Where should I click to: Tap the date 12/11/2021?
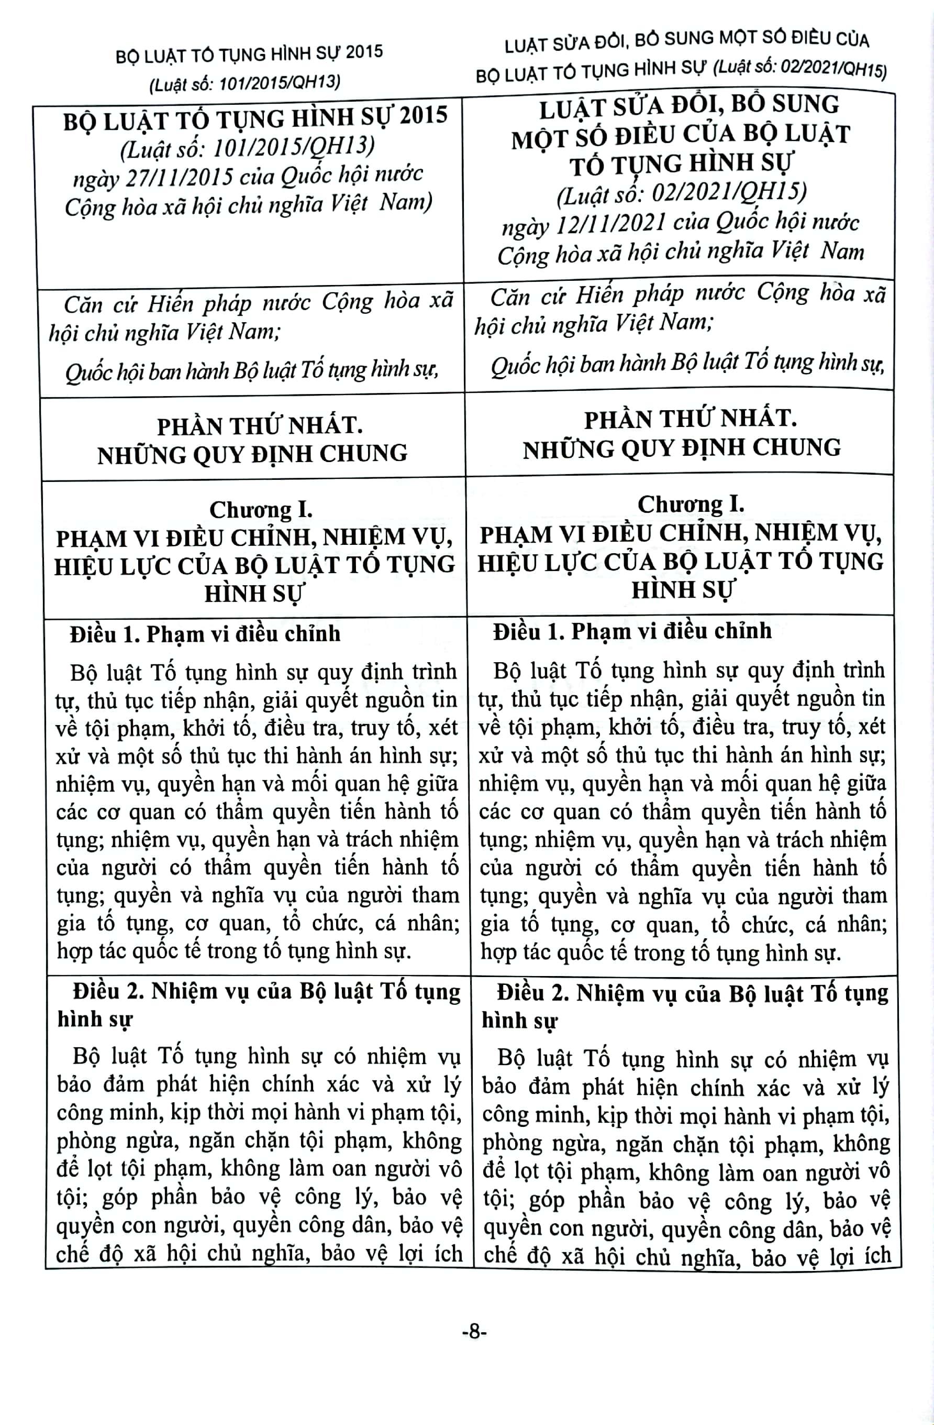[x=611, y=224]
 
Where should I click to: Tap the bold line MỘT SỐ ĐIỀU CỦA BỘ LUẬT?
[x=680, y=135]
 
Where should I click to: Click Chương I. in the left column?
[x=261, y=510]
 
